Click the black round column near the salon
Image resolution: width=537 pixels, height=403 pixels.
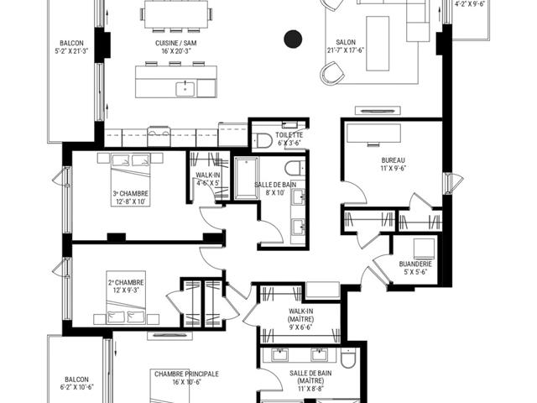pos(293,39)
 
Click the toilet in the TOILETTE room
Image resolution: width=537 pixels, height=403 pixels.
pos(263,140)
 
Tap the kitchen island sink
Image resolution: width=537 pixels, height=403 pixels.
pos(185,89)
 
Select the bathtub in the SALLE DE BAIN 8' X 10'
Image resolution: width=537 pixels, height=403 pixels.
pos(247,178)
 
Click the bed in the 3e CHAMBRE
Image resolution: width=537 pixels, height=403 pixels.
pos(131,180)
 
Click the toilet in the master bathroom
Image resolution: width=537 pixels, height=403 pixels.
pos(349,359)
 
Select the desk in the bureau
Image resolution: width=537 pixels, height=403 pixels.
pos(373,133)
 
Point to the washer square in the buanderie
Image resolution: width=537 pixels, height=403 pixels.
pos(424,249)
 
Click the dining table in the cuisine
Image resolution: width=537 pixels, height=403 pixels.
pos(176,14)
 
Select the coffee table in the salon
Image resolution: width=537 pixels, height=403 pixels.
pos(378,44)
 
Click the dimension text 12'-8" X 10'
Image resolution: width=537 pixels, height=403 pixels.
pos(131,202)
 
